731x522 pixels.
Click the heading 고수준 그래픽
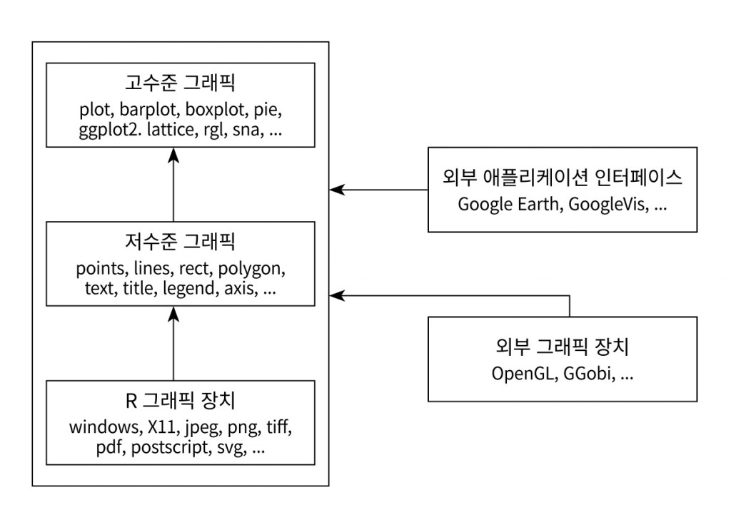click(x=180, y=84)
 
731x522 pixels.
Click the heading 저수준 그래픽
click(x=180, y=243)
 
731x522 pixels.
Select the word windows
click(x=102, y=428)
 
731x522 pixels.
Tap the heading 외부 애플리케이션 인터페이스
click(x=563, y=178)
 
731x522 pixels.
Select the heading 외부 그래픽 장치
click(x=563, y=348)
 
